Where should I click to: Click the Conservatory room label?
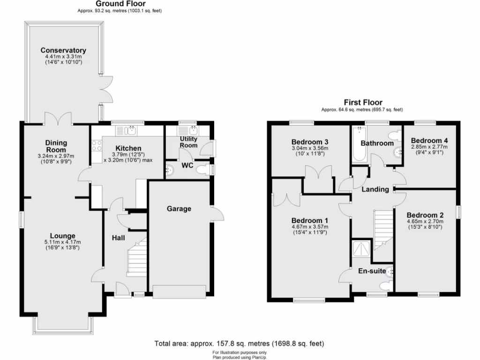point(63,50)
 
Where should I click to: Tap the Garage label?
point(179,209)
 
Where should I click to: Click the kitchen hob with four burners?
point(97,146)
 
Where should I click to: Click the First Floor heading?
point(363,102)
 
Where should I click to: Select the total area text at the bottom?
point(239,344)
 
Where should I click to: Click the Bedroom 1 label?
point(309,221)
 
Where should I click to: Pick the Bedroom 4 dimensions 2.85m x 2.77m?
point(429,147)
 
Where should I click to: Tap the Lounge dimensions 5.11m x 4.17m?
point(63,242)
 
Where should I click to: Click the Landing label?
point(375,189)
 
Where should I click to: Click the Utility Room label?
point(188,142)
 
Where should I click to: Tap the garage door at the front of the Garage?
point(179,292)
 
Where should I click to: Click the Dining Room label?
point(56,146)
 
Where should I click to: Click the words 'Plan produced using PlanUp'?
point(240,356)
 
